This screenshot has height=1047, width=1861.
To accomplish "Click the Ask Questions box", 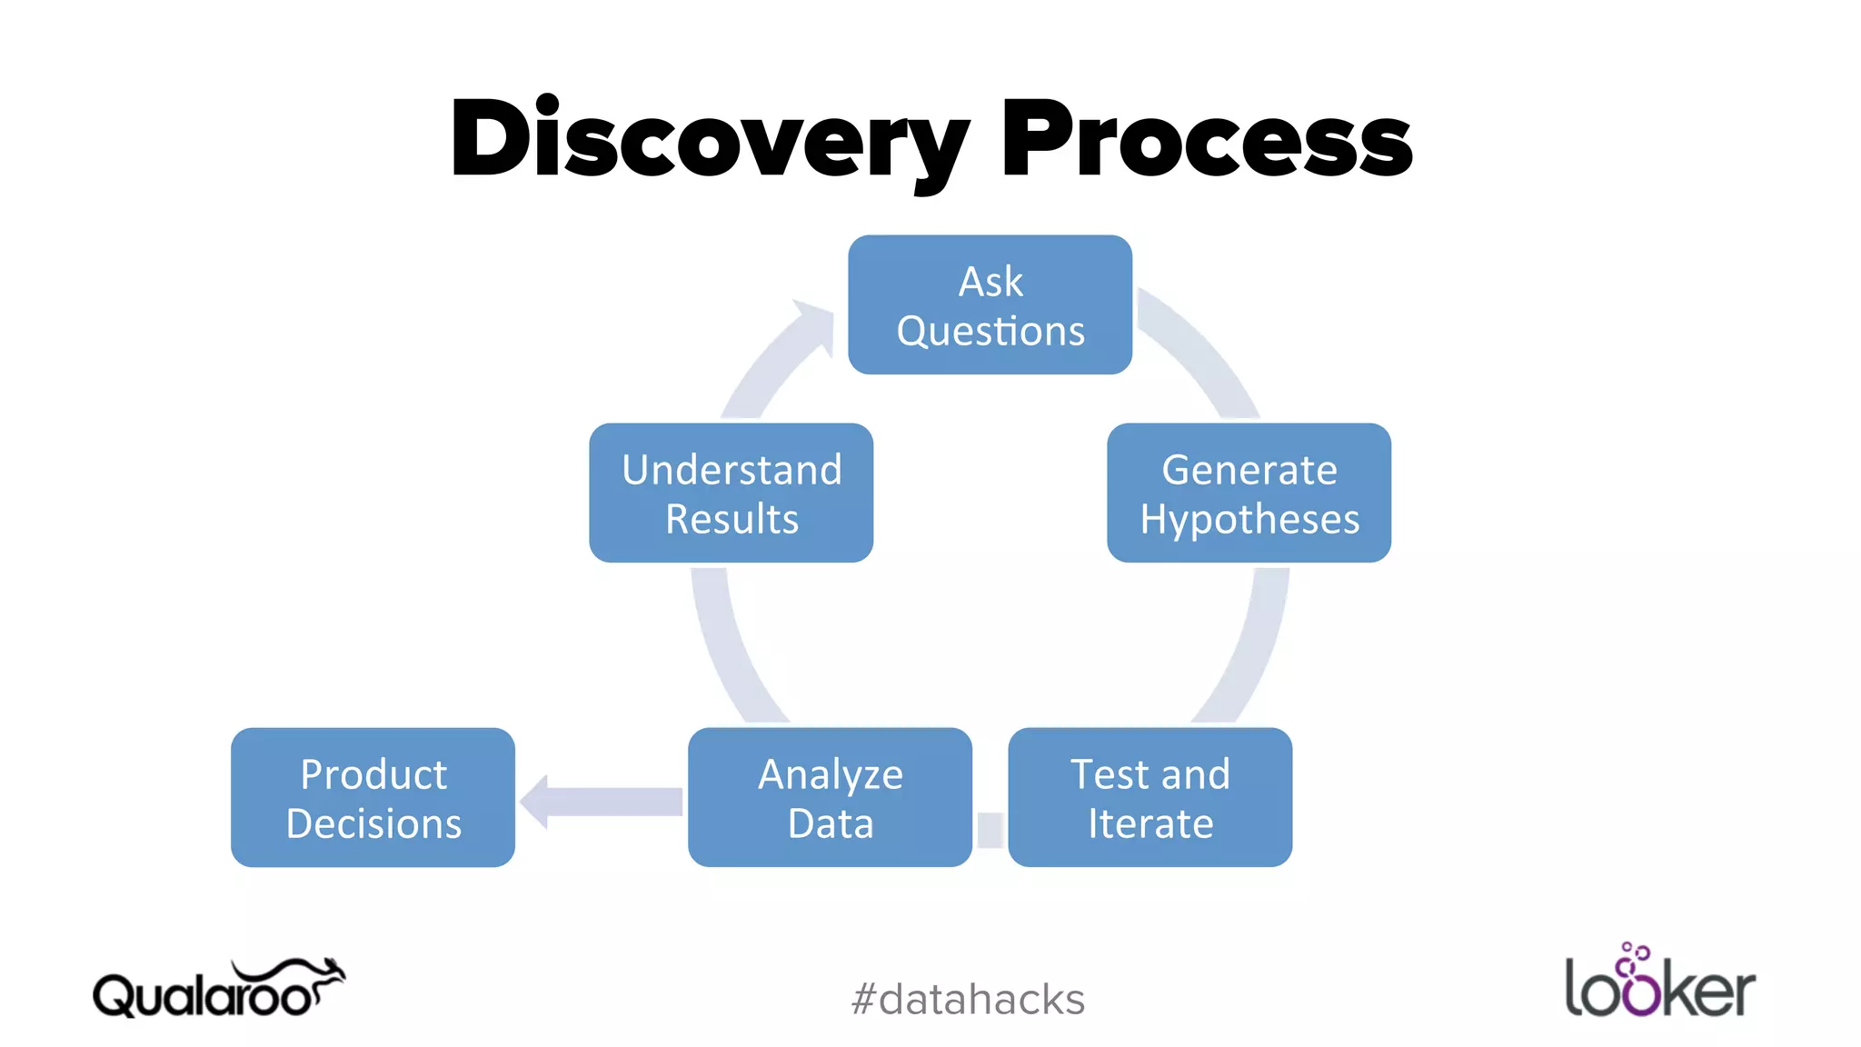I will click(x=990, y=304).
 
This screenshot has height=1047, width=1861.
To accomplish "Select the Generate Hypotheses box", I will click(x=1249, y=493).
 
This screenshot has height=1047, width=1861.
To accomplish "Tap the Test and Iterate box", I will click(x=1149, y=797).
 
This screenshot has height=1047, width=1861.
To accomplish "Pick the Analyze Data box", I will click(x=830, y=797).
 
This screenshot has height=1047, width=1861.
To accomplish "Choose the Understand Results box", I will click(x=731, y=493).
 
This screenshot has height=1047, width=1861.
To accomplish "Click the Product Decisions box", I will click(x=373, y=797).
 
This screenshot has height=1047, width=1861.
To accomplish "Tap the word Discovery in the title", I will click(x=709, y=141).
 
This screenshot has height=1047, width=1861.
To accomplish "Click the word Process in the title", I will click(x=1206, y=141).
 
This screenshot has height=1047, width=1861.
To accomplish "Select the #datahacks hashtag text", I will click(x=968, y=999).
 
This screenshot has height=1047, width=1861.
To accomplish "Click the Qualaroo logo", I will click(x=218, y=991).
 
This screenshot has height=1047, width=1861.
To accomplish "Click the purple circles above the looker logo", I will click(x=1635, y=955).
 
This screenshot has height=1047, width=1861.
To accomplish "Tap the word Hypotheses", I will click(x=1249, y=520).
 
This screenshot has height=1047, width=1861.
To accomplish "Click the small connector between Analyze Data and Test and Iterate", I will click(x=990, y=829).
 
